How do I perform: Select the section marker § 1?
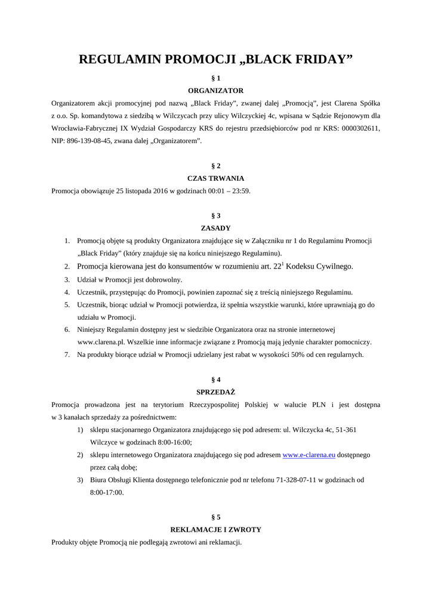point(216,78)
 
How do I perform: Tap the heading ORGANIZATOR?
point(216,91)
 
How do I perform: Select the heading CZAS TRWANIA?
point(216,178)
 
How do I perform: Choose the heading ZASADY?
point(216,228)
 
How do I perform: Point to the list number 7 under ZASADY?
point(67,354)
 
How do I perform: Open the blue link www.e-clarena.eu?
point(308,455)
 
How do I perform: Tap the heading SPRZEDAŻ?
point(216,392)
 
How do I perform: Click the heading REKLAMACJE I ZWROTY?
point(216,529)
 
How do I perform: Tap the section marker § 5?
point(216,517)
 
